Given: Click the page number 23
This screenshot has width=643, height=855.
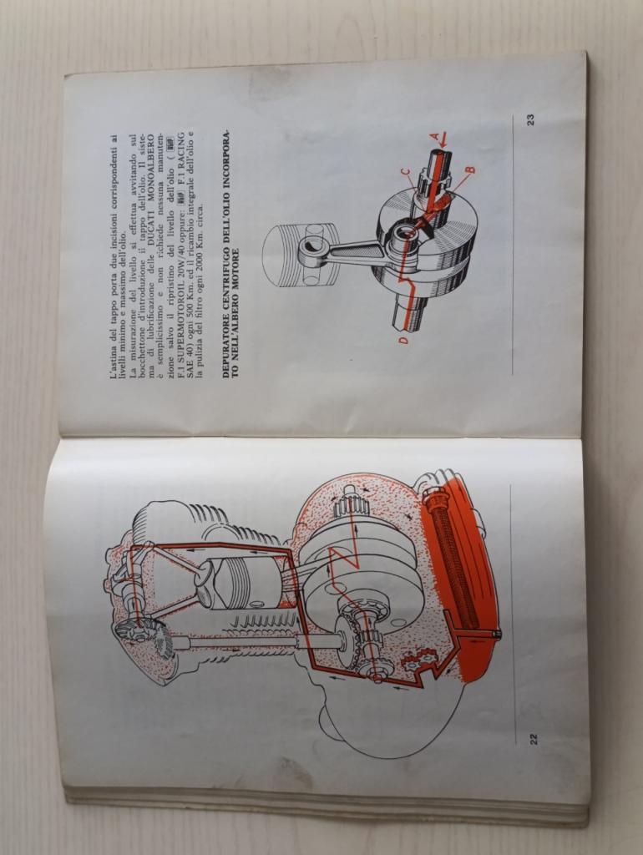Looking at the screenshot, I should coord(531,119).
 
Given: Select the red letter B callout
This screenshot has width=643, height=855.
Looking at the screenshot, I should coord(470,170).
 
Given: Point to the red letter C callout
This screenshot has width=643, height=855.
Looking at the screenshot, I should coord(403,173).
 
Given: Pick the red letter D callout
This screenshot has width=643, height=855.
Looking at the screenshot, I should coord(403,341).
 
